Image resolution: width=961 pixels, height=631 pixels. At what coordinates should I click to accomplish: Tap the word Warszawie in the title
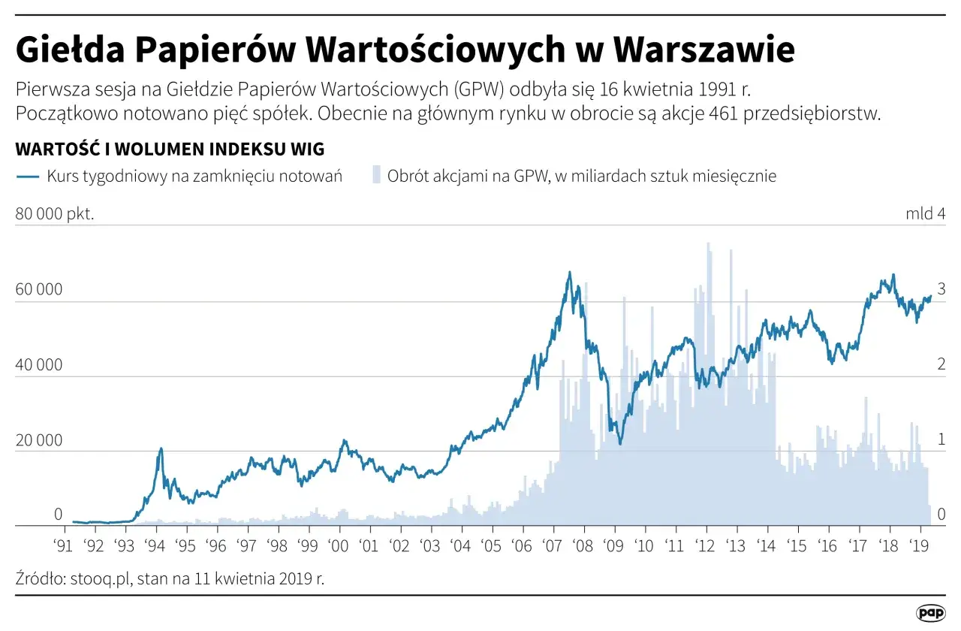click(703, 50)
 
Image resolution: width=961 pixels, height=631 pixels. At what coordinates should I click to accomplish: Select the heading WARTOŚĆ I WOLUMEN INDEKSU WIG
click(170, 149)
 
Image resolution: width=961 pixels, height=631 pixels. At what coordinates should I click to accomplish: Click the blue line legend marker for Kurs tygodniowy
click(27, 177)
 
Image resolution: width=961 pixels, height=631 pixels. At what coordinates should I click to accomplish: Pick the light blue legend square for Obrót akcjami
click(376, 177)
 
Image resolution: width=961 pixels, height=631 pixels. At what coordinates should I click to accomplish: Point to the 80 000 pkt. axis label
click(55, 214)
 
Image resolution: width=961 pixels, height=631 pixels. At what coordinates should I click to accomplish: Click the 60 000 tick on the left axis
click(39, 290)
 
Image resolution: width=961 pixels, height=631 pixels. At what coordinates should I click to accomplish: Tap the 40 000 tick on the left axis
click(39, 365)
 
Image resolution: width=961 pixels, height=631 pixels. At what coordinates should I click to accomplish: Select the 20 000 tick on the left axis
click(39, 440)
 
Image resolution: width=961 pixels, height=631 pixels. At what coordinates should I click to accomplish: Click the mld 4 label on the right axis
click(925, 214)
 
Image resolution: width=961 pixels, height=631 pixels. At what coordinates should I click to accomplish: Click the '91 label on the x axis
click(63, 545)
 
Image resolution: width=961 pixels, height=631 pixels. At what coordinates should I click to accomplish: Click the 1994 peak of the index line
click(161, 448)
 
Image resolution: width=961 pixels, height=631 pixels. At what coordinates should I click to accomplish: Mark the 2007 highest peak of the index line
click(569, 273)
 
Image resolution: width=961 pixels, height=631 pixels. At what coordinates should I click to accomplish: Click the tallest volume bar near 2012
click(708, 243)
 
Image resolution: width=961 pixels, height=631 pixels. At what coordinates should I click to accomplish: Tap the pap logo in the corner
click(930, 612)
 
